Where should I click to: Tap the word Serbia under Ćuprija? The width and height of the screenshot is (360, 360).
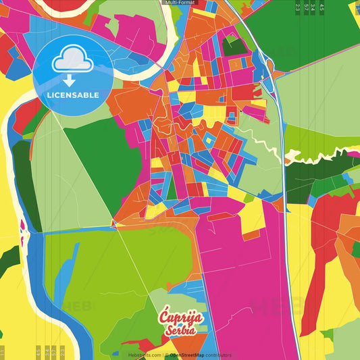coord(179,330)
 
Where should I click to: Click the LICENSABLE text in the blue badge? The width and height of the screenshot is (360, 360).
coord(73,95)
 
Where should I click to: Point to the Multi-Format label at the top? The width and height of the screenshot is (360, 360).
coord(180,3)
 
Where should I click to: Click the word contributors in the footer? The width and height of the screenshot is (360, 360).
coord(217,355)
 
